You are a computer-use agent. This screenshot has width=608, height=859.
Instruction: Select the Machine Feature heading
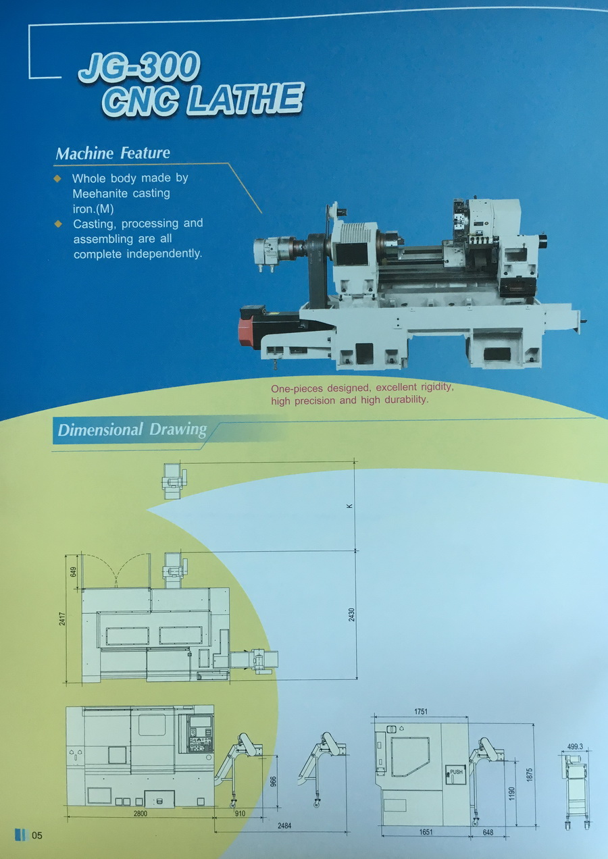coord(113,153)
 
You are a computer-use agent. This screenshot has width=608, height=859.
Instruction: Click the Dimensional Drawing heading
coord(132,430)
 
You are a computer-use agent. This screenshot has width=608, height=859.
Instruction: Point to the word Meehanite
coord(101,193)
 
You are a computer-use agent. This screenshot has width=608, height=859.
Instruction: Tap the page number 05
coord(36,835)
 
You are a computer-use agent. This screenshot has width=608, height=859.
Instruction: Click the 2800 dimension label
coord(140,814)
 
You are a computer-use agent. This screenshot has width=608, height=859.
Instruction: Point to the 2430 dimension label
coord(351,615)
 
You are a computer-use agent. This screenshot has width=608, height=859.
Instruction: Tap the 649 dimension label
coord(74,571)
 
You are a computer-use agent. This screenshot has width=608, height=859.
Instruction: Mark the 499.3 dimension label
coord(575,747)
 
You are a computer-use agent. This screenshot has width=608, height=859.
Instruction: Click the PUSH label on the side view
coord(457,772)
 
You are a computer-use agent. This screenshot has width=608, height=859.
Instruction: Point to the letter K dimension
coord(351,506)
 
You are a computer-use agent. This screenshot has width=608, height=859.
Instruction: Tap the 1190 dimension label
coord(512,791)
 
